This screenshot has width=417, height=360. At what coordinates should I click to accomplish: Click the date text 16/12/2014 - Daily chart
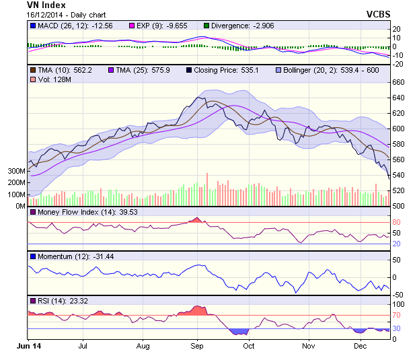click(x=67, y=14)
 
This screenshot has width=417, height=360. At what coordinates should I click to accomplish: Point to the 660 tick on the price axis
click(x=400, y=82)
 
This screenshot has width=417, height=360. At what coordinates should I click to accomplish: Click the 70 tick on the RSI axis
click(x=397, y=314)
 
